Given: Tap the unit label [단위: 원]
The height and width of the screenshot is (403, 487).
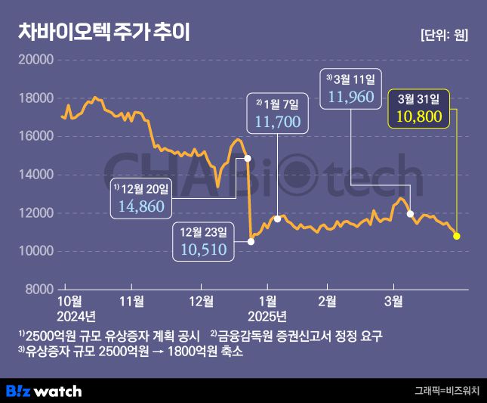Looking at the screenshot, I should point(442,35).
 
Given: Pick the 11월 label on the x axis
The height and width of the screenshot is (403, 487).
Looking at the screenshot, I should point(132,301).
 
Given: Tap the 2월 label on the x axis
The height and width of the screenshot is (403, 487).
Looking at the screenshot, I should point(327,301).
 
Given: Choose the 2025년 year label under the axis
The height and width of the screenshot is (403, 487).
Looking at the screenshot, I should point(267,315).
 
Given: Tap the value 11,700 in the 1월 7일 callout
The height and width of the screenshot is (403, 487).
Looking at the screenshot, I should point(278,120).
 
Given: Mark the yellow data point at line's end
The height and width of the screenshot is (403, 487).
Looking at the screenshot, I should point(456,236).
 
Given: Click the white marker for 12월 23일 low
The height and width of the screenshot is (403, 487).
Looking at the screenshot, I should point(251,241).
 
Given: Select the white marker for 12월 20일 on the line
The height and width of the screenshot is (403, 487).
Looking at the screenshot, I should point(248,159).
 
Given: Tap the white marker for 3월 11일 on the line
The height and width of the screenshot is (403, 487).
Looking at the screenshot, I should point(410,214).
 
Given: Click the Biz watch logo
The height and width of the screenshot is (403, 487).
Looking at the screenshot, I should point(43,391).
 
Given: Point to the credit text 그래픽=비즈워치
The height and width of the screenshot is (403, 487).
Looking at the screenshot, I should point(446,391).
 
